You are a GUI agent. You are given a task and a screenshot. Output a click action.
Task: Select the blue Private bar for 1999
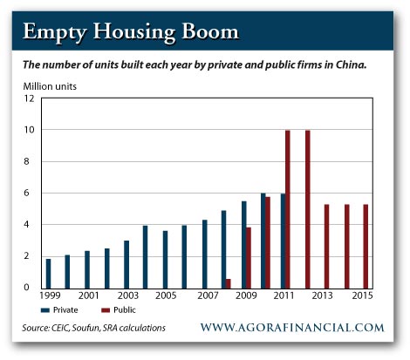click(x=48, y=273)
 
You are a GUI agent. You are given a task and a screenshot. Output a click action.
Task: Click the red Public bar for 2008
click(x=229, y=282)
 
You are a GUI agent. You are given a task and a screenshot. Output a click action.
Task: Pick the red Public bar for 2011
click(x=288, y=208)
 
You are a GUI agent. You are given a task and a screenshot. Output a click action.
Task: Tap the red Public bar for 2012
click(x=308, y=208)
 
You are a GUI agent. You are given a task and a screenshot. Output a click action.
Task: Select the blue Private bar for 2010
click(x=263, y=240)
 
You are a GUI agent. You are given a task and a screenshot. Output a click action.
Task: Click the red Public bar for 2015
click(x=366, y=246)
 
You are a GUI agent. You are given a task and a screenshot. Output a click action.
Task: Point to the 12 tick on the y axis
click(x=30, y=98)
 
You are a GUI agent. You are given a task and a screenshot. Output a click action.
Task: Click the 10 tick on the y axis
click(x=30, y=130)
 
